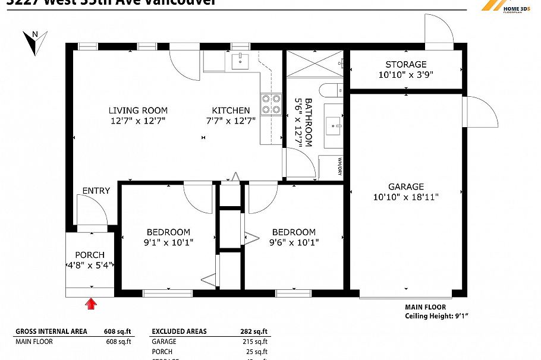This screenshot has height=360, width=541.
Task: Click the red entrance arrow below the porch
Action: (90, 304)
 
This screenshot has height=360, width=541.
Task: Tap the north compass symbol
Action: (32, 42)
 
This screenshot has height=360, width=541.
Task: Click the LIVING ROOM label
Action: (138, 110)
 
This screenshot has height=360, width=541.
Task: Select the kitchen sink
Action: (240, 59)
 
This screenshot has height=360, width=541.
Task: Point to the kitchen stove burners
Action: (271, 104)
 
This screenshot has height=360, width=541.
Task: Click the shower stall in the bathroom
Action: (314, 64)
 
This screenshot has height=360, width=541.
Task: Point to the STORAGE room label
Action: (406, 64)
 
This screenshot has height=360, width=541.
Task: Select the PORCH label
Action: (90, 255)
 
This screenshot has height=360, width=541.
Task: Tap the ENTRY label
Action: (96, 191)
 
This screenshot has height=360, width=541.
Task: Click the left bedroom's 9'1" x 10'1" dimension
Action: (169, 242)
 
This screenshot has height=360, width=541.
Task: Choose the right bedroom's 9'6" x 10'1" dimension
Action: (294, 242)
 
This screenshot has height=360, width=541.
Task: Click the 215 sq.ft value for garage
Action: (256, 342)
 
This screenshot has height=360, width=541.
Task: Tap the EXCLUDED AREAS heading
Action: (179, 331)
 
